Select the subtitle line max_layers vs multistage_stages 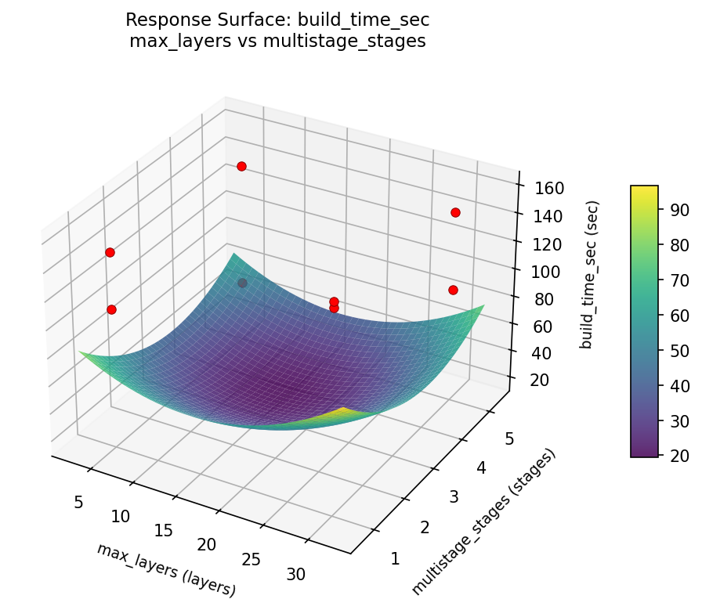point(277,41)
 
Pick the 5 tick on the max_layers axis point(78,502)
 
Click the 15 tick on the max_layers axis point(163,530)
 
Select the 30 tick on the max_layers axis point(295,574)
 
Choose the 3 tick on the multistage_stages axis point(454,497)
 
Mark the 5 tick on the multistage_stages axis point(508,439)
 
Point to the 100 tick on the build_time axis point(543,272)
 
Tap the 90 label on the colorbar point(678,209)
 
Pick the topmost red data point point(241,166)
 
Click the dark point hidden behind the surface point(242,283)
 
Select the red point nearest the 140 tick point(455,212)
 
